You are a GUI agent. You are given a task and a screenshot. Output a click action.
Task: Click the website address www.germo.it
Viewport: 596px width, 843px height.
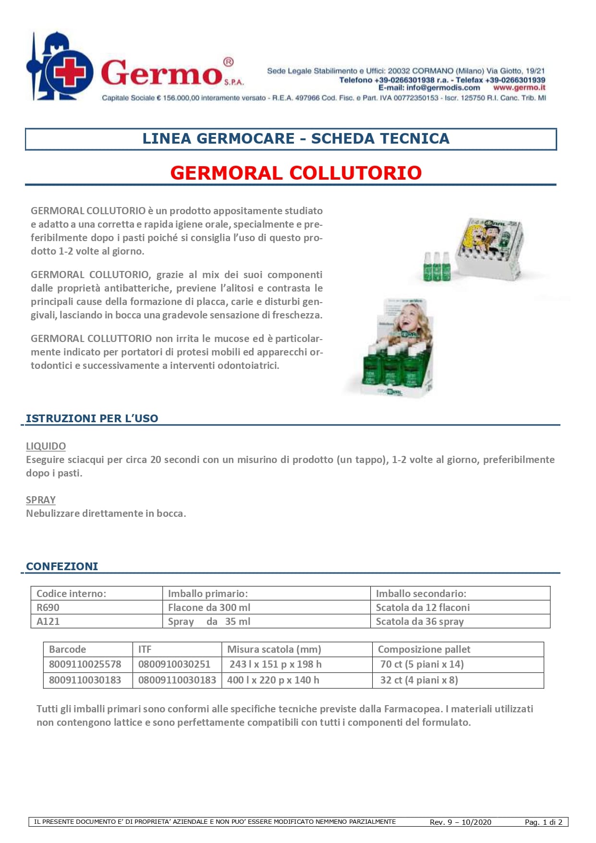point(519,88)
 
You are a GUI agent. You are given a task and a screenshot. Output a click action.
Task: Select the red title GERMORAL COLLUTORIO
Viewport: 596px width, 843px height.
point(296,173)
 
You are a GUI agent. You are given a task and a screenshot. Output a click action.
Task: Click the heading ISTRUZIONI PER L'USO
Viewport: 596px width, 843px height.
point(92,418)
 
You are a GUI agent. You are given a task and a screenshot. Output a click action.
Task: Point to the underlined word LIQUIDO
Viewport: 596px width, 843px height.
point(46,446)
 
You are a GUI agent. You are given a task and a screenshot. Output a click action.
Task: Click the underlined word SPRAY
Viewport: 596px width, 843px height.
point(41,500)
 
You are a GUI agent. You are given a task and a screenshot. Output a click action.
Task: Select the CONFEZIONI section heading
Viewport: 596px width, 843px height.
point(62,566)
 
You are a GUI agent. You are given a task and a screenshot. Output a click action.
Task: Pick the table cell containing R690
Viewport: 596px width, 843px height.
point(48,608)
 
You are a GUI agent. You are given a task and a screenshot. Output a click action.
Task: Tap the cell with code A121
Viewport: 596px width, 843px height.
point(48,622)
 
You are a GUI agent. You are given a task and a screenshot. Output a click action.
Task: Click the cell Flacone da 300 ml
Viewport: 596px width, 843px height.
point(209,608)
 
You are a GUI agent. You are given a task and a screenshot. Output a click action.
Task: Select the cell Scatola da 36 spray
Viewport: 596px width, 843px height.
point(420,622)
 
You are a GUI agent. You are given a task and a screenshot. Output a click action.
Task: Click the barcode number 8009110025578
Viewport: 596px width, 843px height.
point(85,664)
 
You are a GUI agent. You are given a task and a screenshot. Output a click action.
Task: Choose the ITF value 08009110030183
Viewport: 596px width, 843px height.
point(177,680)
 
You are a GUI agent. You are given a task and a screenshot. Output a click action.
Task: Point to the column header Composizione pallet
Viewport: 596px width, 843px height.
point(424,649)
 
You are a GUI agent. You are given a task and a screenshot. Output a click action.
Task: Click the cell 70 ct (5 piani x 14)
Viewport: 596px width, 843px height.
point(422,664)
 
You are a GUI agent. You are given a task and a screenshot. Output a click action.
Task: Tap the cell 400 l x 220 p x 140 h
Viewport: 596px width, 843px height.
point(273,680)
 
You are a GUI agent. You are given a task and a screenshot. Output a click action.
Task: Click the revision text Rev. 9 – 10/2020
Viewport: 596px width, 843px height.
point(461,822)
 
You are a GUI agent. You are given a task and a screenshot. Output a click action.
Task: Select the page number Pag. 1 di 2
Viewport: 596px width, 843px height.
point(543,822)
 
